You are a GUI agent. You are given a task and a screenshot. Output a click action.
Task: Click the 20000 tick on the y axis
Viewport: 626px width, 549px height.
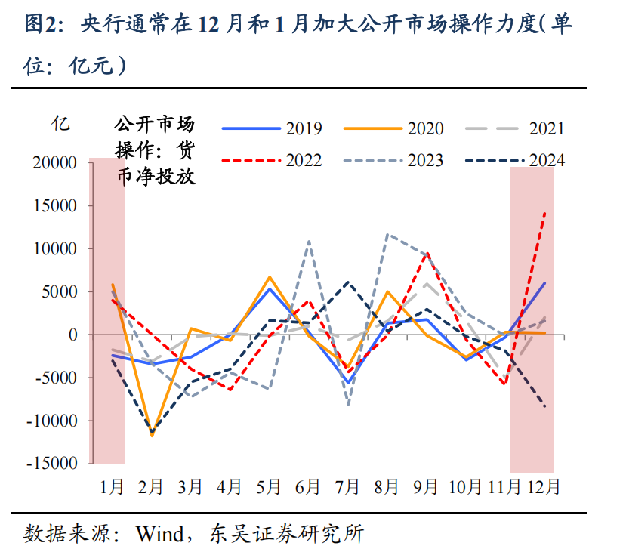tap(57, 162)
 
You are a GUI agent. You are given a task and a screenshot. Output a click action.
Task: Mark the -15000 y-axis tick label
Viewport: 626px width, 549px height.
tap(54, 463)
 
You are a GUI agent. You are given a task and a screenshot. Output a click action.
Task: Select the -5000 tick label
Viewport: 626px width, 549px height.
tap(58, 378)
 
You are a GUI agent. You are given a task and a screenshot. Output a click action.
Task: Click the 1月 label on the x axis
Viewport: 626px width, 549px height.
tap(113, 487)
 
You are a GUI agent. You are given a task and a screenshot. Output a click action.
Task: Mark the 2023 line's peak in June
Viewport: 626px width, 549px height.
tap(309, 242)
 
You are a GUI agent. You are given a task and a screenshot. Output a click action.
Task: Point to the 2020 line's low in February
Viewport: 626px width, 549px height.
tap(152, 436)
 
